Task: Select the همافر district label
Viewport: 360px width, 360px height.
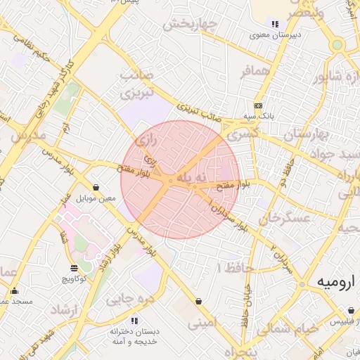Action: click(x=255, y=72)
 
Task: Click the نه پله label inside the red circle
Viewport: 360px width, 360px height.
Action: click(x=192, y=179)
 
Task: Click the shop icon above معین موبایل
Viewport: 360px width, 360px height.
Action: click(x=96, y=188)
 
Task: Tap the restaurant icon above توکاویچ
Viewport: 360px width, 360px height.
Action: click(x=75, y=268)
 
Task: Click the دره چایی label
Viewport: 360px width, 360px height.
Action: click(x=129, y=299)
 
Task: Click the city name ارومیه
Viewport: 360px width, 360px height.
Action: click(x=324, y=282)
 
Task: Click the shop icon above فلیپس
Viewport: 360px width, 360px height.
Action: click(x=351, y=310)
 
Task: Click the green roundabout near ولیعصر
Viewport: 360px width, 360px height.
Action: click(x=337, y=44)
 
